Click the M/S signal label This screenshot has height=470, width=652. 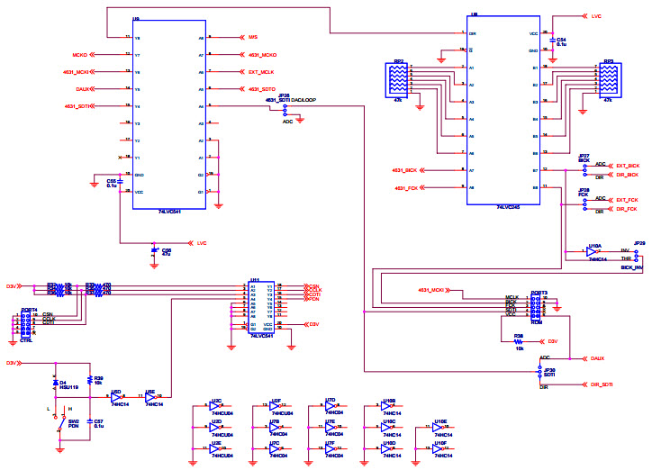coord(253,37)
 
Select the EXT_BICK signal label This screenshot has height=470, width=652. coord(627,166)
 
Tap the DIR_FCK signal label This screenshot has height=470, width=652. coord(626,209)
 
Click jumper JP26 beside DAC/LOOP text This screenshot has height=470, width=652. coord(285,110)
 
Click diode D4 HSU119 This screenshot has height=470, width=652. coord(57,384)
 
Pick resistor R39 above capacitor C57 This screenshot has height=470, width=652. coord(87,380)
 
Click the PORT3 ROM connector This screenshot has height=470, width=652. coord(537,307)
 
